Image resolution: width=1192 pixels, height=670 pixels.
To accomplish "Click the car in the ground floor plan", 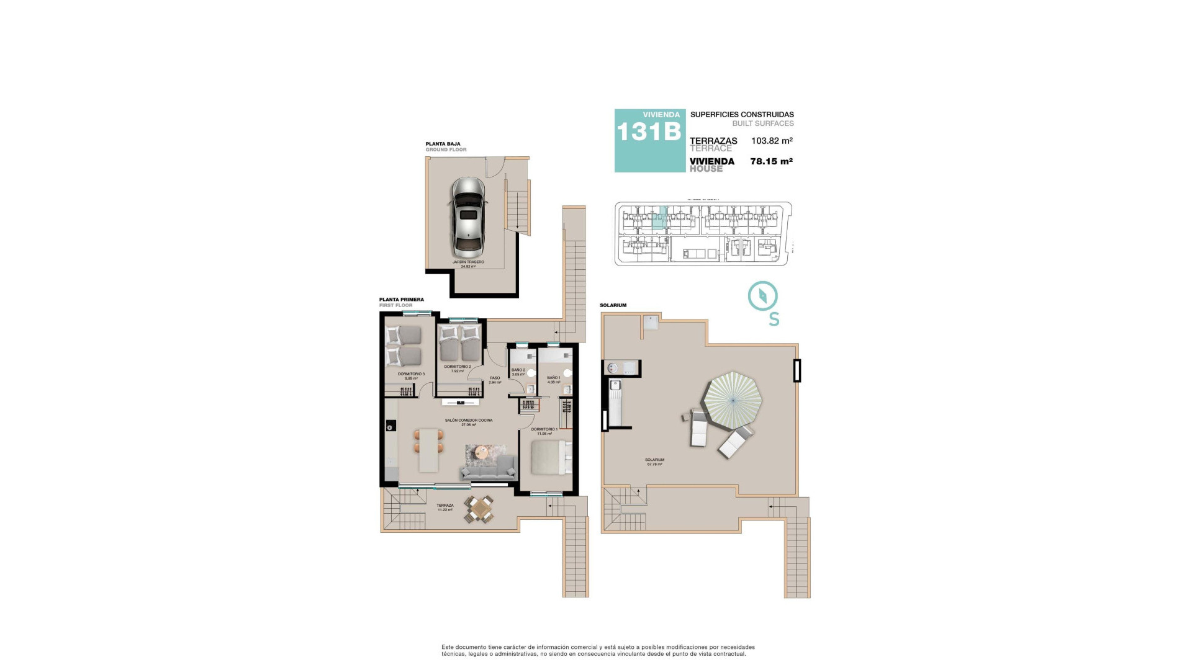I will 468,218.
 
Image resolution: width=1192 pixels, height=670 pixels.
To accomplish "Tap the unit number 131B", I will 649,132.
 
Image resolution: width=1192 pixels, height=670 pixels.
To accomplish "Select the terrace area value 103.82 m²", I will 772,141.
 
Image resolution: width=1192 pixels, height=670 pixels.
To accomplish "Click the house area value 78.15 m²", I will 771,161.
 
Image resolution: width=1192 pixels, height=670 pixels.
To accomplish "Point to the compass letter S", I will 774,319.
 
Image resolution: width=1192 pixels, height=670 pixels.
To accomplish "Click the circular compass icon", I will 763,296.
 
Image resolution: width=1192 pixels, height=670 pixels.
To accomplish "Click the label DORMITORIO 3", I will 411,374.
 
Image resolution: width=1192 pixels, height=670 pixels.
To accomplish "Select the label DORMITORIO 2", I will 458,367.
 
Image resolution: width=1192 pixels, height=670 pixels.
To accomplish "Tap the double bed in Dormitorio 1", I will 549,458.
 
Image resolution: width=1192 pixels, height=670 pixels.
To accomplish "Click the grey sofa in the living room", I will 489,469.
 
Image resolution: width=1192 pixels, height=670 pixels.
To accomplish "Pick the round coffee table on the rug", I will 481,454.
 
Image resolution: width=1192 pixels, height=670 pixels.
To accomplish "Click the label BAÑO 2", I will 518,370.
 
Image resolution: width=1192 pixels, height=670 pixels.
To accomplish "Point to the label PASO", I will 495,378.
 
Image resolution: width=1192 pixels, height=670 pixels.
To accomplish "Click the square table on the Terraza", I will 480,509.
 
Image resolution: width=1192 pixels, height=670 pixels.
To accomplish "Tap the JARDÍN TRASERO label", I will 468,262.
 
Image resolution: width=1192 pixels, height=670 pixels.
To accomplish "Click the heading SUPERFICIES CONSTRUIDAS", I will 742,115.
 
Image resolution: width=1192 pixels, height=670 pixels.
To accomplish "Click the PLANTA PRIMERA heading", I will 402,300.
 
